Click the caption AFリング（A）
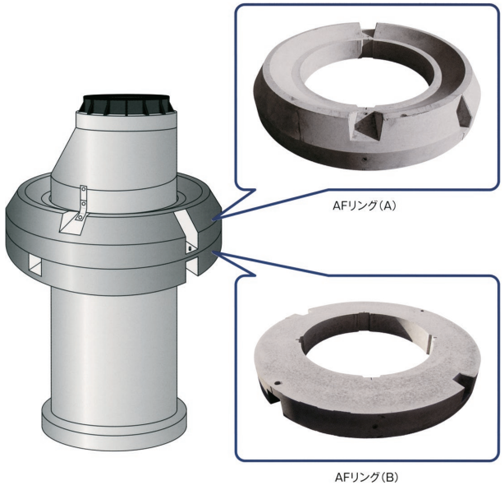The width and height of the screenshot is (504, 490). tap(364, 206)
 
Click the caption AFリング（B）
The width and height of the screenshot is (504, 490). tap(366, 477)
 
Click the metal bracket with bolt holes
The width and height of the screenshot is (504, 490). tap(83, 203)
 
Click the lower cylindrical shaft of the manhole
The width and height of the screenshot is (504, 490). tap(114, 348)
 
